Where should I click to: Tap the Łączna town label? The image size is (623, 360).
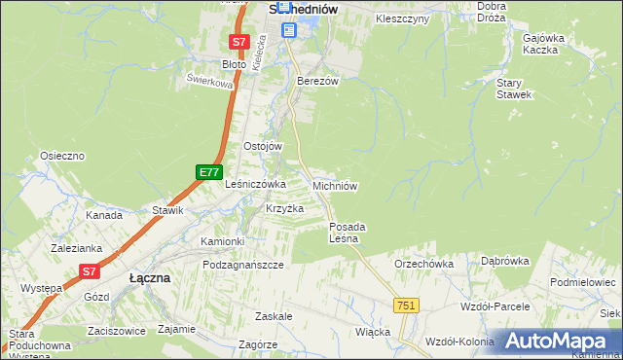[150, 277]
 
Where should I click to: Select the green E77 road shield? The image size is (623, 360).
[207, 172]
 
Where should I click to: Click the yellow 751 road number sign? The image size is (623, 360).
[406, 306]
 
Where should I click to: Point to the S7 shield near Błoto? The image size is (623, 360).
[239, 42]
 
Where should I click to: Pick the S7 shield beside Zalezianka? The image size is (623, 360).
[89, 271]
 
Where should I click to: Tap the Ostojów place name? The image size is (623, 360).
[262, 146]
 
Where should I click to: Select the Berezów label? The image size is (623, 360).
[317, 81]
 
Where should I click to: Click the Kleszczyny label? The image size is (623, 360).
[402, 18]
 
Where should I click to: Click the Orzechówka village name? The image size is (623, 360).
[423, 264]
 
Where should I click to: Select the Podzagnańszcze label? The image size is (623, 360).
[243, 265]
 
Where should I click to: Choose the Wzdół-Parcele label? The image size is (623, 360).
[495, 306]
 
